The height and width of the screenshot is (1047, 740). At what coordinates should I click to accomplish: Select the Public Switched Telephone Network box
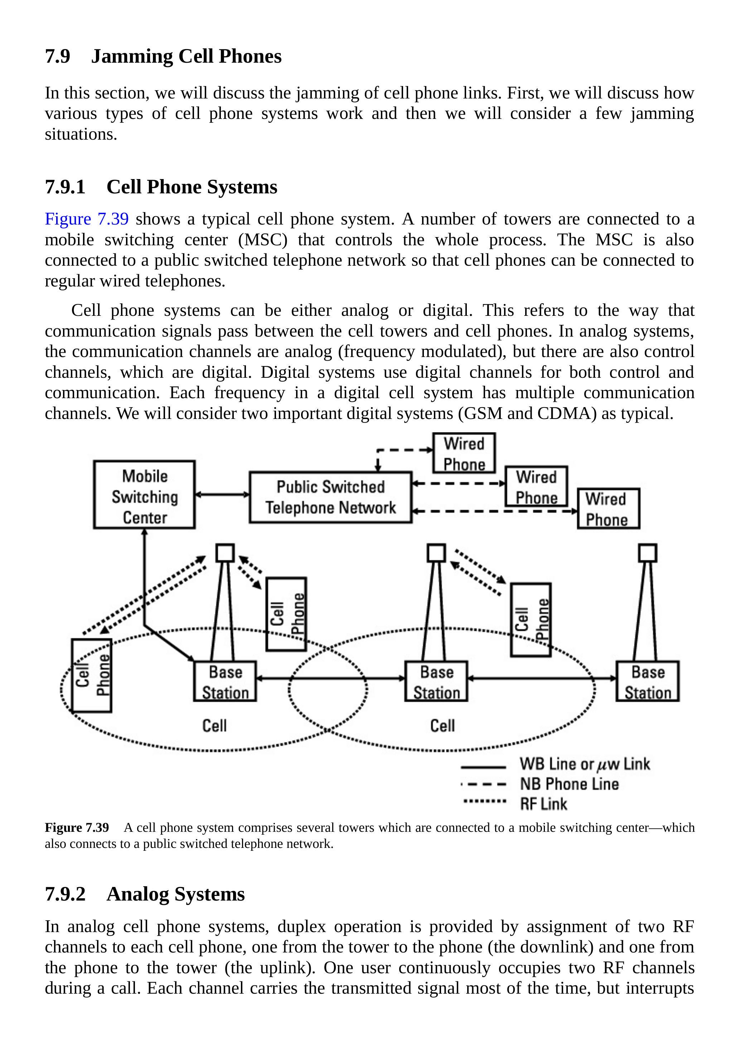click(x=330, y=497)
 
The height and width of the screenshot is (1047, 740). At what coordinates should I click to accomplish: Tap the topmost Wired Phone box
click(x=464, y=453)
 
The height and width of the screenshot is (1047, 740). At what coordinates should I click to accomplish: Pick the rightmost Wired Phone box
click(x=608, y=508)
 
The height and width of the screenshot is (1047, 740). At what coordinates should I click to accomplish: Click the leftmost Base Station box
click(x=225, y=681)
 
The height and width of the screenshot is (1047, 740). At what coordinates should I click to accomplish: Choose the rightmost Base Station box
click(x=647, y=681)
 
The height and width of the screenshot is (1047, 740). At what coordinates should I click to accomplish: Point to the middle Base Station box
click(x=436, y=681)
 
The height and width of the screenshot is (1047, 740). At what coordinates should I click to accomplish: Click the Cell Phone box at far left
click(x=92, y=675)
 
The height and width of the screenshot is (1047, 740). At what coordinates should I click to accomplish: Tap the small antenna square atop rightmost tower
click(x=647, y=553)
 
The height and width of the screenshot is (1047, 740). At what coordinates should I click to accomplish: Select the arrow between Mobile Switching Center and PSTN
click(x=222, y=494)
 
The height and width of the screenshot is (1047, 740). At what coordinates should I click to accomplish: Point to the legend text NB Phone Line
click(x=570, y=784)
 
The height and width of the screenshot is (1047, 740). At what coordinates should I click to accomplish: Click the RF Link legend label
click(x=543, y=804)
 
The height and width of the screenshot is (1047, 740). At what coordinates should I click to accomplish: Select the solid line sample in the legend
click(x=483, y=767)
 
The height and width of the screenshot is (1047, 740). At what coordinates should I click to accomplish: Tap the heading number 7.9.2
click(x=65, y=894)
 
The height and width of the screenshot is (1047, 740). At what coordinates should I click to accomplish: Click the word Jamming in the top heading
click(x=132, y=56)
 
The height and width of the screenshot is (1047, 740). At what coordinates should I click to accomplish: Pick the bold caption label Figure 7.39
click(x=77, y=828)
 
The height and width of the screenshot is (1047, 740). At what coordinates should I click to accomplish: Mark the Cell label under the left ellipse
click(x=214, y=726)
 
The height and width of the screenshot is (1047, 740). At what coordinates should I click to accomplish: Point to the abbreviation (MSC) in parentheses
click(x=263, y=240)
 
